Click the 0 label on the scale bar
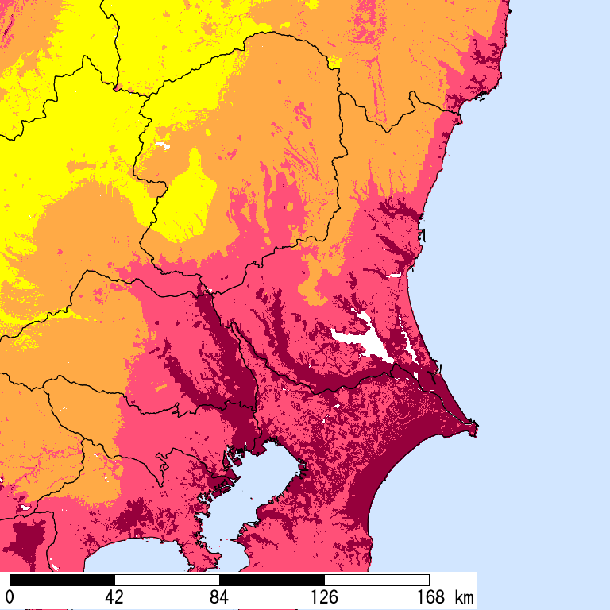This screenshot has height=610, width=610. pos(10,596)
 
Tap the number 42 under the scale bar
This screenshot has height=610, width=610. pos(114,596)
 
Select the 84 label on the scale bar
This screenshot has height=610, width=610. pos(219,596)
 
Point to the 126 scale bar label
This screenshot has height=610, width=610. pos(324,596)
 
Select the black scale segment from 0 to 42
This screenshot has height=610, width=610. pos(62,580)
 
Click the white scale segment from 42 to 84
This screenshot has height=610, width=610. pos(167,580)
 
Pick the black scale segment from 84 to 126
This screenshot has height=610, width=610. pos(272,580)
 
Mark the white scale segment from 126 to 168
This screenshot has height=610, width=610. pos(376,580)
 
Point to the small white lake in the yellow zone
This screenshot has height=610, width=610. pos(163,146)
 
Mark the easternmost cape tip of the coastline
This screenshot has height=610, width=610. pos(477,430)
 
